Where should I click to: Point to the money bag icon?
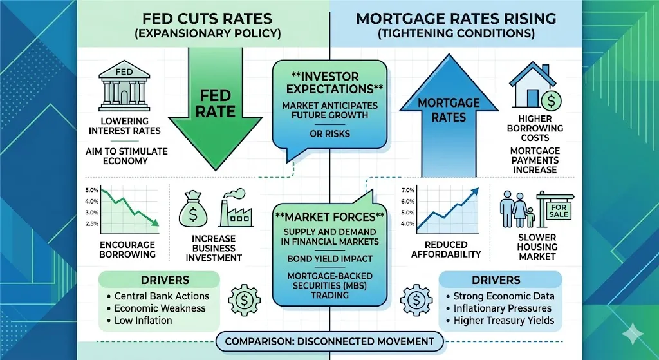195,210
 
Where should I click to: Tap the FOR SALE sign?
557,211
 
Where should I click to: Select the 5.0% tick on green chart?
91,191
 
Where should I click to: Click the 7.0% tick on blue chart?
406,191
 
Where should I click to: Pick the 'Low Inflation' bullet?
143,320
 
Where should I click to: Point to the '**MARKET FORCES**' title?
329,216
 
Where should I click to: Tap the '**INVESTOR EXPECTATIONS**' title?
329,81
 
